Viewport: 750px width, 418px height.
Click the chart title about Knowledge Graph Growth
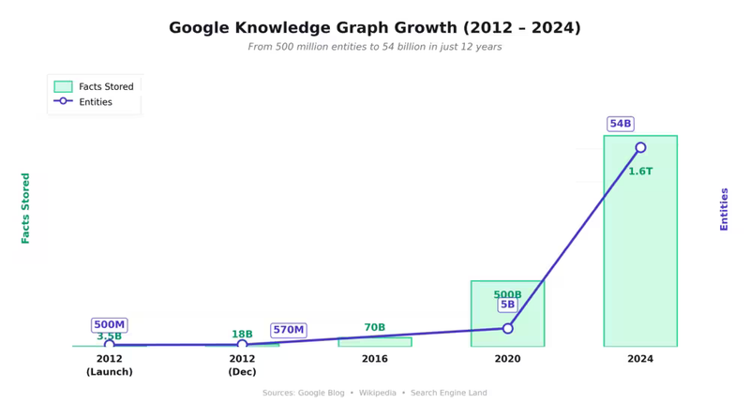374,28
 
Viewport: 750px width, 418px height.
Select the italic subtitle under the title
374,47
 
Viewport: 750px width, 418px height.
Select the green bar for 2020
507,314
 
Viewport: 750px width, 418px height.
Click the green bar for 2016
374,342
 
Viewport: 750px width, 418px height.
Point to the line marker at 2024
640,148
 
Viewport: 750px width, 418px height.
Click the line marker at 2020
507,328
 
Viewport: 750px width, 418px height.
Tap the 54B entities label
620,124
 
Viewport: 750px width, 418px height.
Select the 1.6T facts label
640,172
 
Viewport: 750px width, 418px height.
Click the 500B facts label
507,294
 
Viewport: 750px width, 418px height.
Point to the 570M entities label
288,330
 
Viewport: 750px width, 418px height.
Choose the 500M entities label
109,324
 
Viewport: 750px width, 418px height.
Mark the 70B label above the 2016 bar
374,328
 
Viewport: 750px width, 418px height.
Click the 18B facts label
242,335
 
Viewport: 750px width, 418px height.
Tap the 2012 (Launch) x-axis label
109,366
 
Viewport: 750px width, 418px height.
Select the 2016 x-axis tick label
374,359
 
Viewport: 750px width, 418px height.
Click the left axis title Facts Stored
26,208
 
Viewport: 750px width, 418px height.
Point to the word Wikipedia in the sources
377,393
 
